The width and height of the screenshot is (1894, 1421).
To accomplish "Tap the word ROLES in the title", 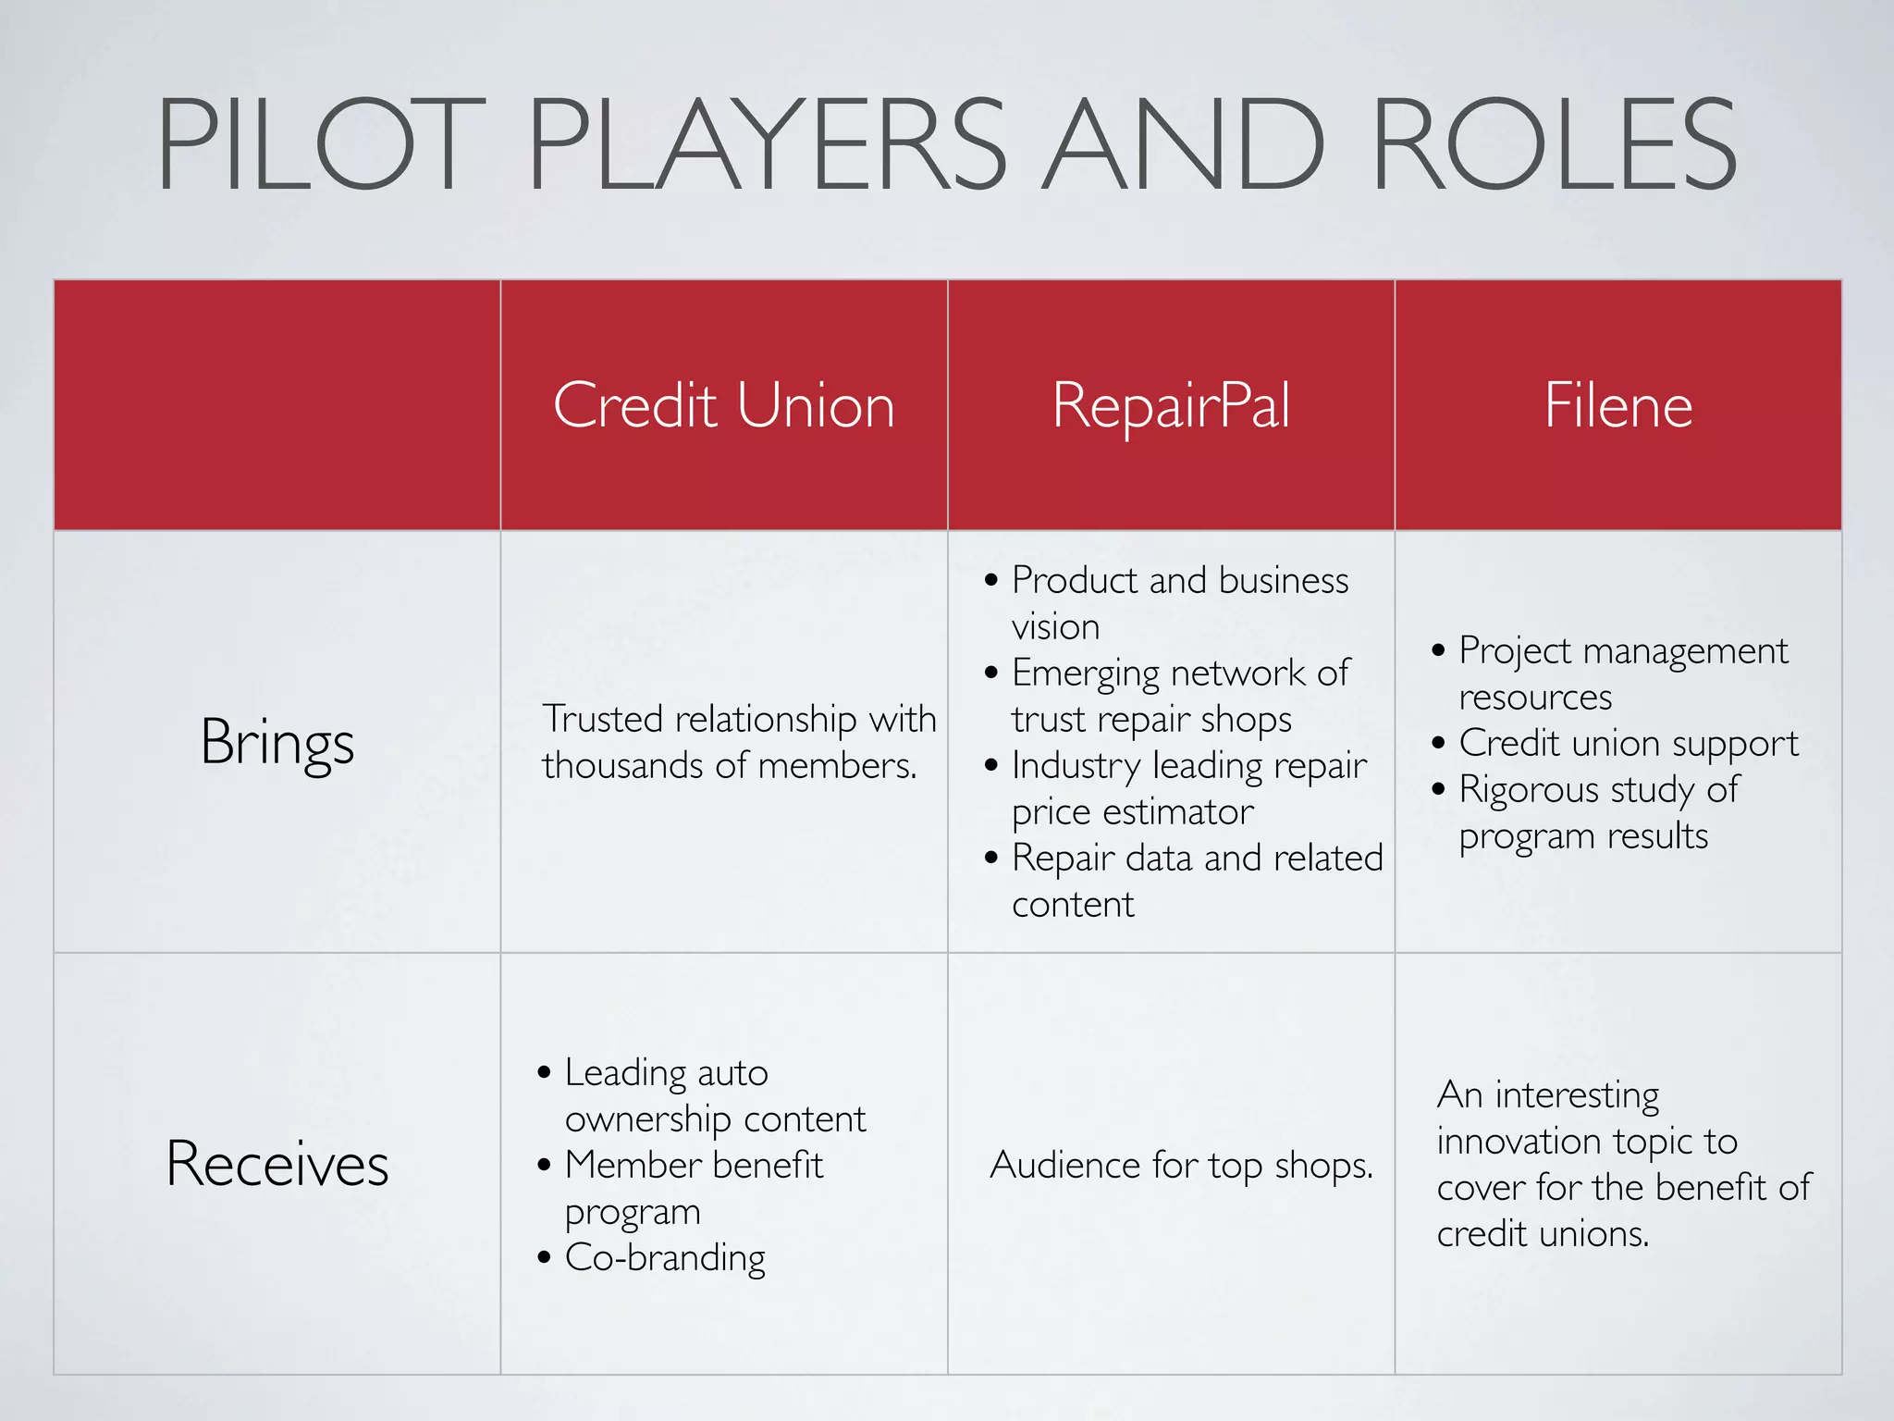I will (x=1554, y=145).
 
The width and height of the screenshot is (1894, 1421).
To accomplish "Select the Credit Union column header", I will (x=724, y=405).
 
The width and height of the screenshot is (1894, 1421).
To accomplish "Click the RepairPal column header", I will (x=1171, y=405).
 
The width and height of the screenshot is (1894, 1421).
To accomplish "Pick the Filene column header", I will (x=1618, y=405).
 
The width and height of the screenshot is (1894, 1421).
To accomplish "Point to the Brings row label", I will (x=277, y=743).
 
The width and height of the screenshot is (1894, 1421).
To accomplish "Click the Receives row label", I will (x=277, y=1164).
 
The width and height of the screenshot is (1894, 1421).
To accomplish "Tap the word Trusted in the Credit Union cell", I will (x=602, y=719).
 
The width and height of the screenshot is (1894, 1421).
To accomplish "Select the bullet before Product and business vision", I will (x=991, y=581).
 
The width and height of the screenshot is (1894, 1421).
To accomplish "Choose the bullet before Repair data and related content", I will (x=991, y=859).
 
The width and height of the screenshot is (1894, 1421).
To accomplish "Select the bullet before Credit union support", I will (x=1438, y=743).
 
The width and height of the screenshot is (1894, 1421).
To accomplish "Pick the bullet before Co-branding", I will (x=544, y=1257).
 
